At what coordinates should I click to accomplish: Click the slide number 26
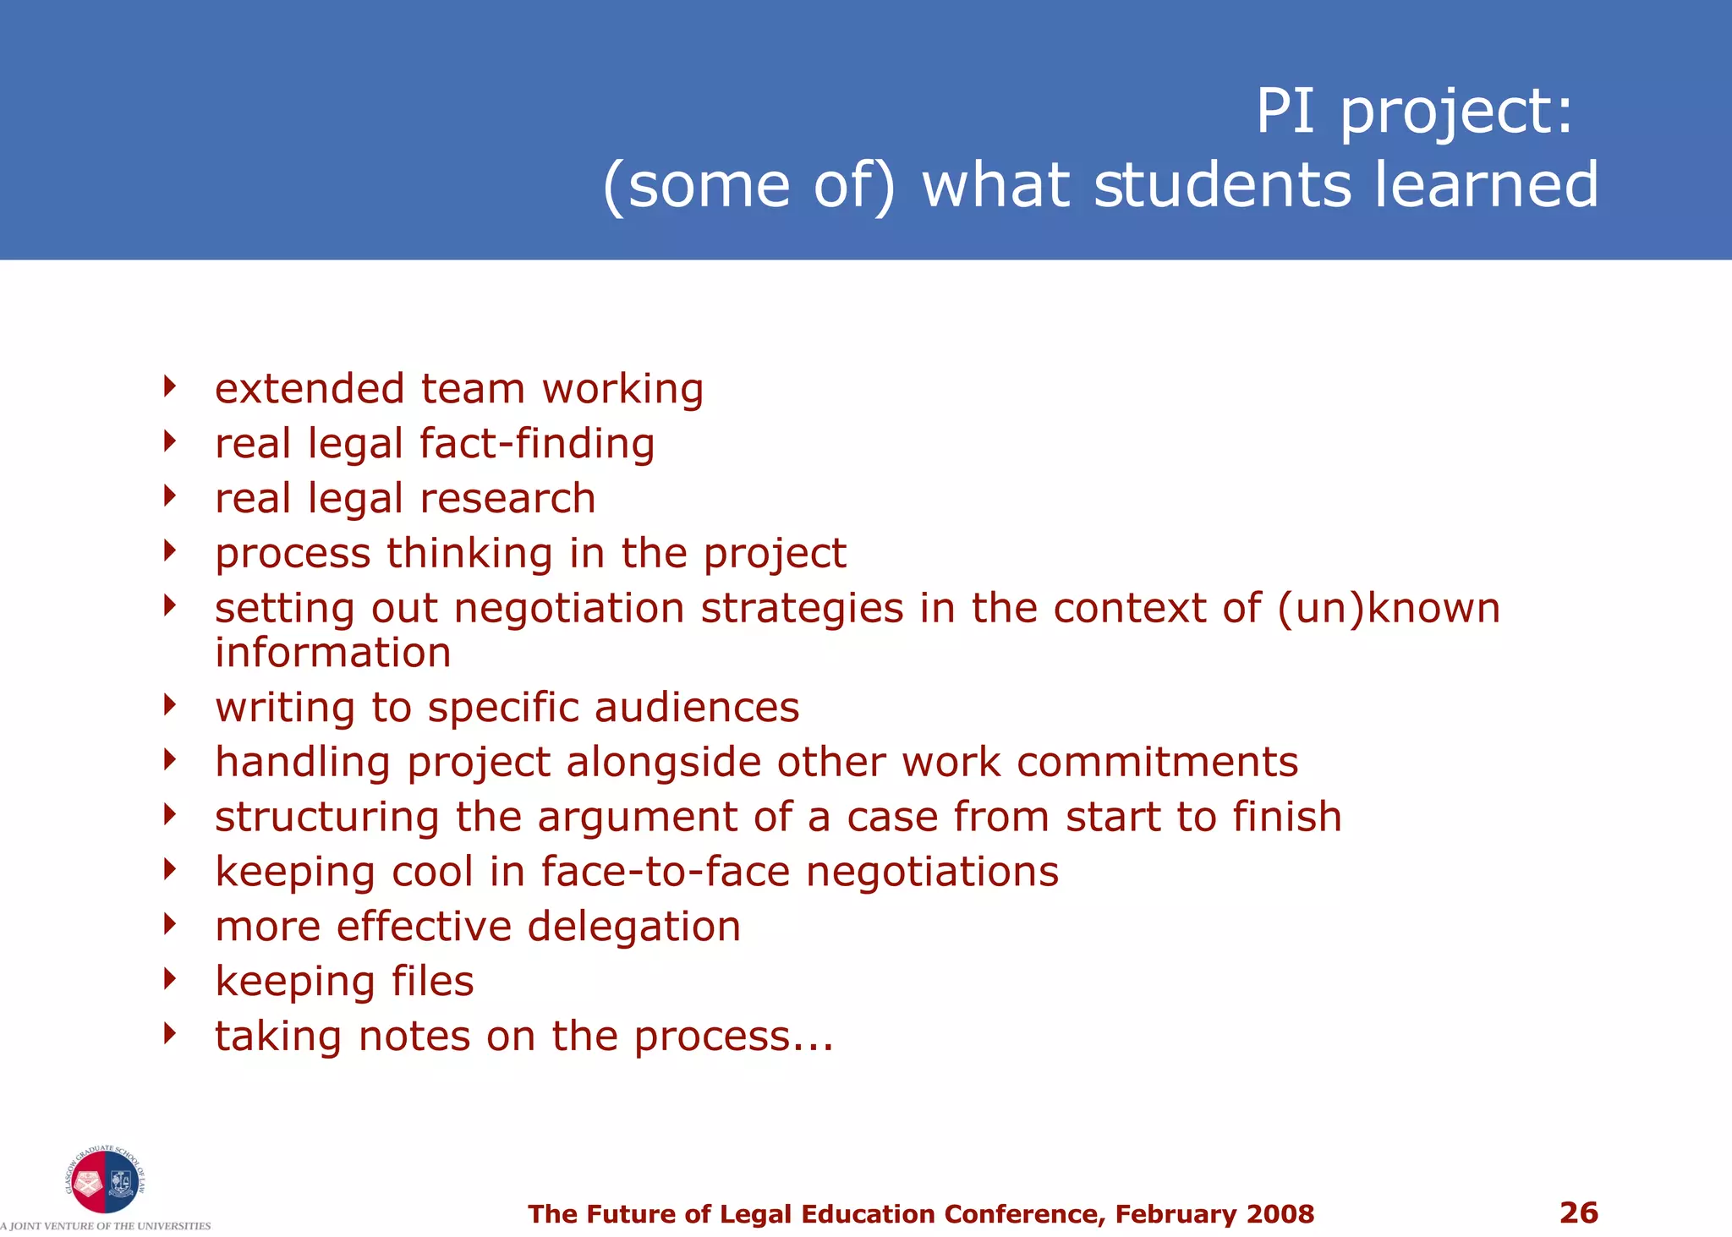click(1578, 1212)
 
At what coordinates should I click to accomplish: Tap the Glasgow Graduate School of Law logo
click(105, 1181)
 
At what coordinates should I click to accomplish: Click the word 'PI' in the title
click(1285, 111)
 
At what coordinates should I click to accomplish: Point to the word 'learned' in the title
click(1486, 185)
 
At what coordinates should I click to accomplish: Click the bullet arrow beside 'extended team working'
click(170, 387)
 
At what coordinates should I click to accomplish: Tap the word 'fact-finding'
click(537, 444)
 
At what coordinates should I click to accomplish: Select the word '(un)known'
click(1389, 609)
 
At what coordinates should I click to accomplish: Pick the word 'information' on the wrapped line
click(333, 653)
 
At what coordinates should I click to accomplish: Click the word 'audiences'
click(697, 707)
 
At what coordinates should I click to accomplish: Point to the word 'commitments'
click(1157, 762)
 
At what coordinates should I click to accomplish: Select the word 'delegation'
click(634, 927)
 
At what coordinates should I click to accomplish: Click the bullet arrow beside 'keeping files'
click(170, 979)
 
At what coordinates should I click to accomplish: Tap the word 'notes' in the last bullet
click(414, 1037)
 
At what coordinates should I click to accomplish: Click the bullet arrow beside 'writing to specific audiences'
click(170, 705)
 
